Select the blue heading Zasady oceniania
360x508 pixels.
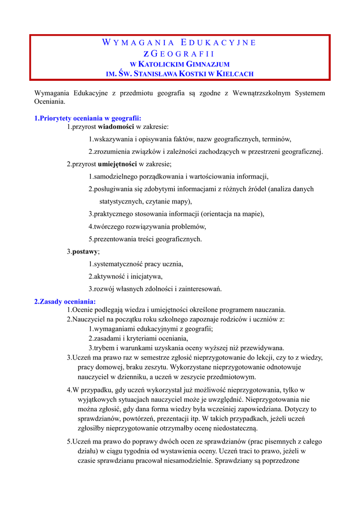(x=65, y=301)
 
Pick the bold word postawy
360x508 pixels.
(x=85, y=252)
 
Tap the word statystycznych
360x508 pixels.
(x=122, y=201)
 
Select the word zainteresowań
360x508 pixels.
(x=197, y=289)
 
